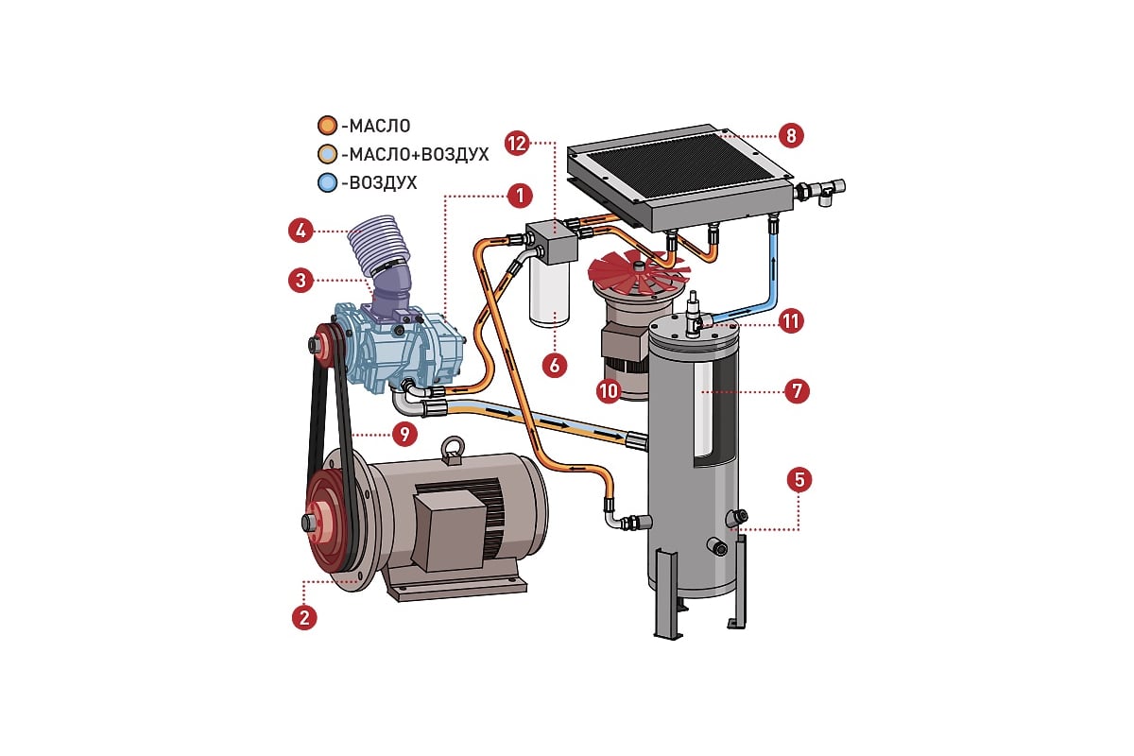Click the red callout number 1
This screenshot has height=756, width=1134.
[517, 197]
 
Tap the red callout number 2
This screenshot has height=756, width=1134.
[303, 617]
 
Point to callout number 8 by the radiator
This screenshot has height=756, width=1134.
[792, 135]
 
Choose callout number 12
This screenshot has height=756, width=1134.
[516, 144]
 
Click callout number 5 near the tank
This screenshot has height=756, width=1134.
[799, 479]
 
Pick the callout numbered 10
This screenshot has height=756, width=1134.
[610, 389]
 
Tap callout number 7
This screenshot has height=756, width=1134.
[799, 389]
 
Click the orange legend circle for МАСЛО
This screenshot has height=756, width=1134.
[327, 125]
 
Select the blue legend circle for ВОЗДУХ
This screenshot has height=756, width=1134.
[327, 182]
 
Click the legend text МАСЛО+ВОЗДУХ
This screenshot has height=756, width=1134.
[415, 154]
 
